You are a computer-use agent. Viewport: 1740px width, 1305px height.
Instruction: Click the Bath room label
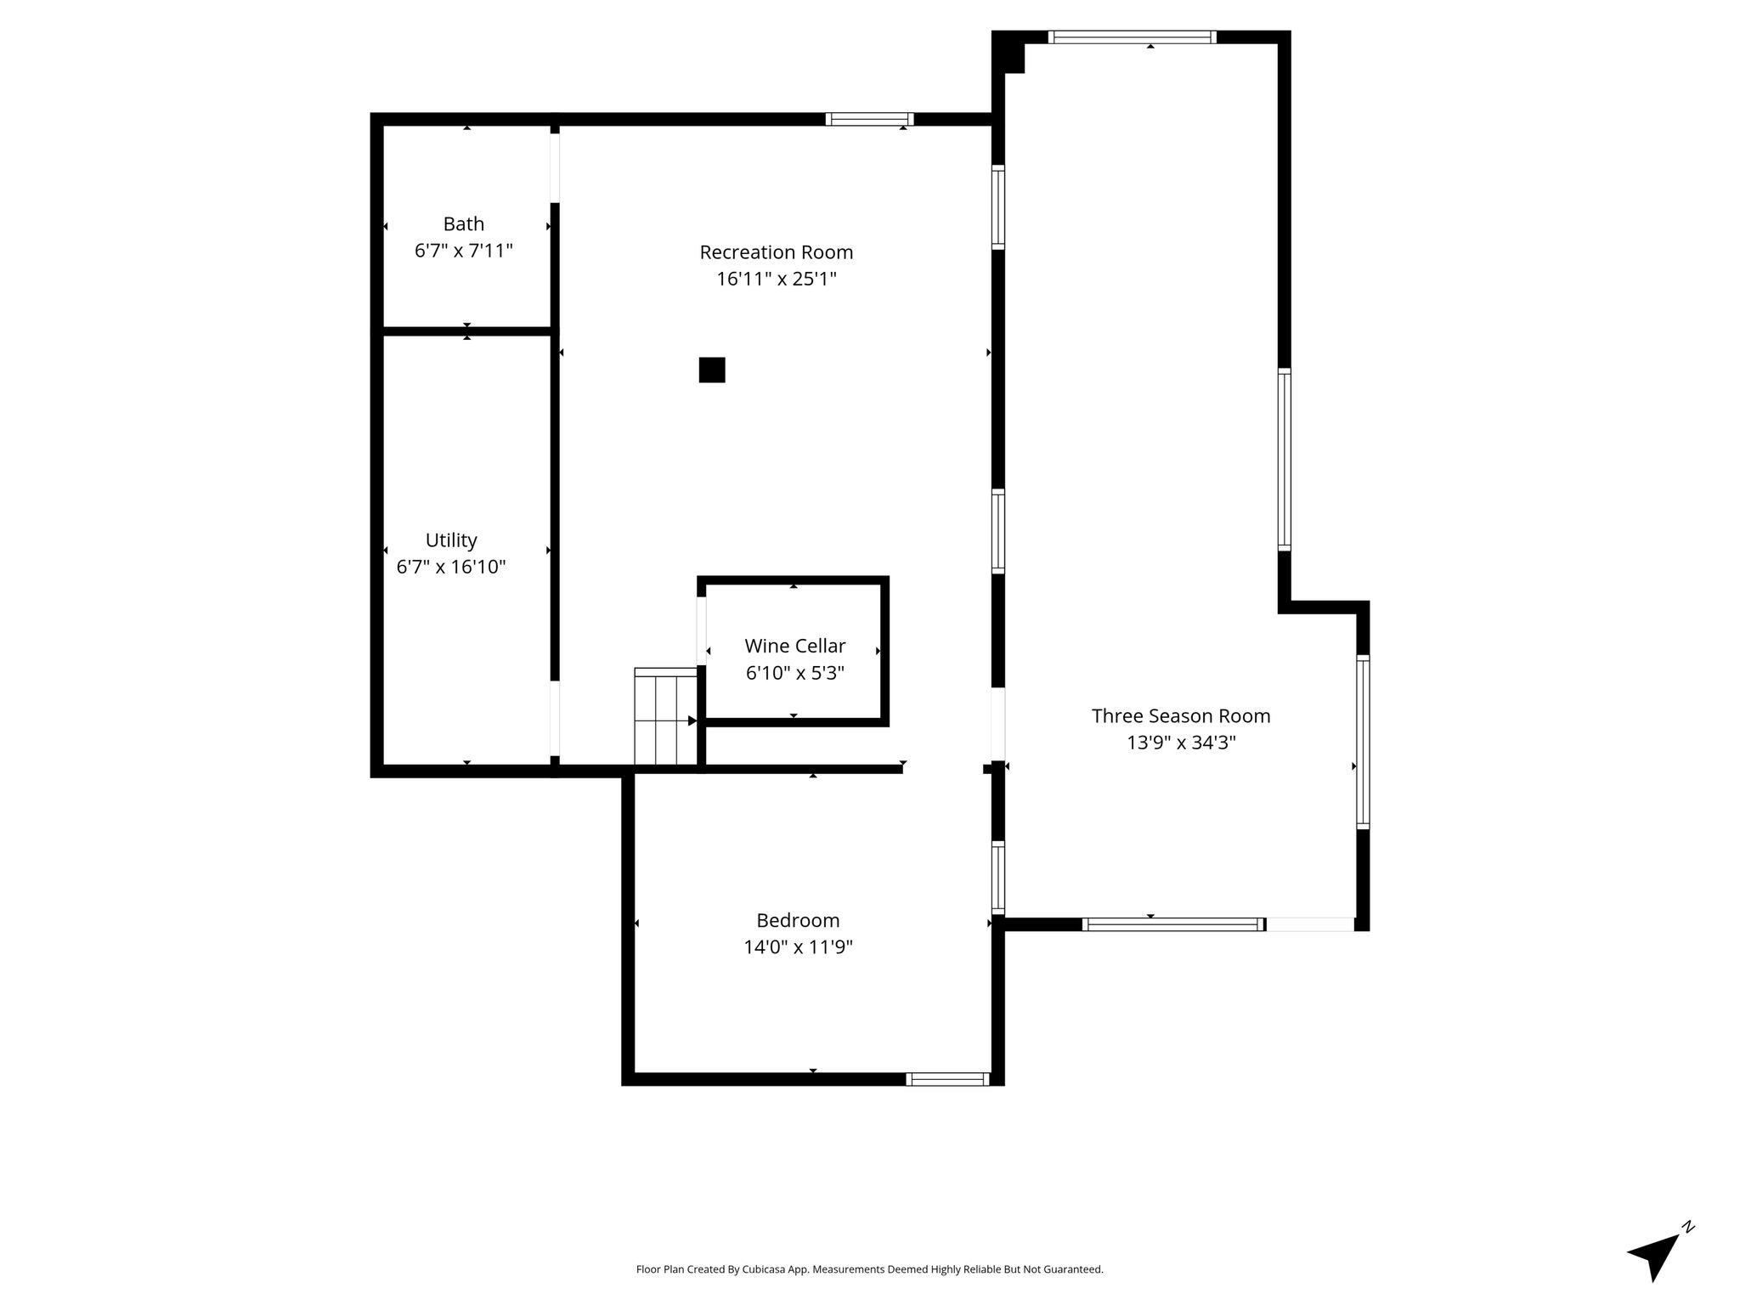point(464,224)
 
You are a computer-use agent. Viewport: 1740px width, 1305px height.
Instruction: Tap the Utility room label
point(451,540)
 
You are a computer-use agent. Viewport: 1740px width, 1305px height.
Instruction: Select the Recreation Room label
point(777,252)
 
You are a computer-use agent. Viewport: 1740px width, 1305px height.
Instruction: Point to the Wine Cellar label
point(795,646)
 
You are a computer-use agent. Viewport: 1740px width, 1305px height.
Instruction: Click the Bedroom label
point(798,920)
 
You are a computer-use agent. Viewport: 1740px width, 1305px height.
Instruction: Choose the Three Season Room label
point(1181,716)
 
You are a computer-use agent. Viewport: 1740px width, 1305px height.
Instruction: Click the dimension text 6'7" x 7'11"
point(464,251)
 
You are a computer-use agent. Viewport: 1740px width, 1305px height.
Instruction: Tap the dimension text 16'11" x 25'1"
point(777,279)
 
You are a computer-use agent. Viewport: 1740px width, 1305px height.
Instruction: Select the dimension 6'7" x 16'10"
point(451,567)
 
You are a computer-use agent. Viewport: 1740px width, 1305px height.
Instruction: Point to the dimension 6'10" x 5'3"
point(795,673)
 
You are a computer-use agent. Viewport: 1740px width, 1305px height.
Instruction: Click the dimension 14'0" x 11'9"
point(798,946)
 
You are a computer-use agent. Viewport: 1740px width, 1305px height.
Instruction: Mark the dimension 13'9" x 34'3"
point(1181,743)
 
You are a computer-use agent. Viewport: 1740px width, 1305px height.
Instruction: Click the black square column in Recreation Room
point(712,370)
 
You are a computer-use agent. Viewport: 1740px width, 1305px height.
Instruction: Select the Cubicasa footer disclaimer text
point(870,1269)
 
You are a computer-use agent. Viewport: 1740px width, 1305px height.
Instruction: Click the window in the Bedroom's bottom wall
point(947,1079)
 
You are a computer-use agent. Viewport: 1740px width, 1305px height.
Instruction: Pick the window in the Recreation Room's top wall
point(870,119)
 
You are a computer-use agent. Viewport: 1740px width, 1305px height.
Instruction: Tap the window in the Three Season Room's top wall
point(1133,37)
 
